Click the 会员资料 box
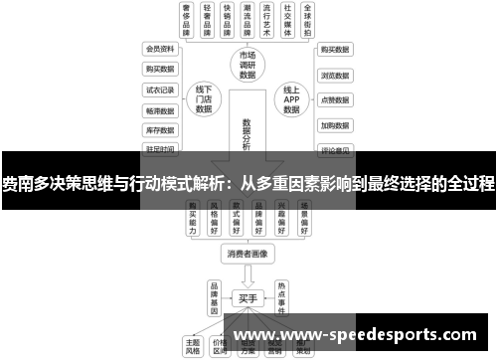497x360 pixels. tap(159, 48)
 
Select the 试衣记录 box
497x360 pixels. tap(159, 89)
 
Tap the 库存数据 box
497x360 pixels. tap(159, 129)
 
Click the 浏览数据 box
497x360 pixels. tap(334, 75)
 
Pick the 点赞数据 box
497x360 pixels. tap(334, 100)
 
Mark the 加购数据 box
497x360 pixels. tap(334, 126)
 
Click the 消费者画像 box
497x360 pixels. tap(248, 253)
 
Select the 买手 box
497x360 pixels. tap(248, 296)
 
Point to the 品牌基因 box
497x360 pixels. tap(213, 296)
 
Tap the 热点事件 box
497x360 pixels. tap(282, 296)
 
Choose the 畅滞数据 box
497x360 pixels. tap(159, 109)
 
